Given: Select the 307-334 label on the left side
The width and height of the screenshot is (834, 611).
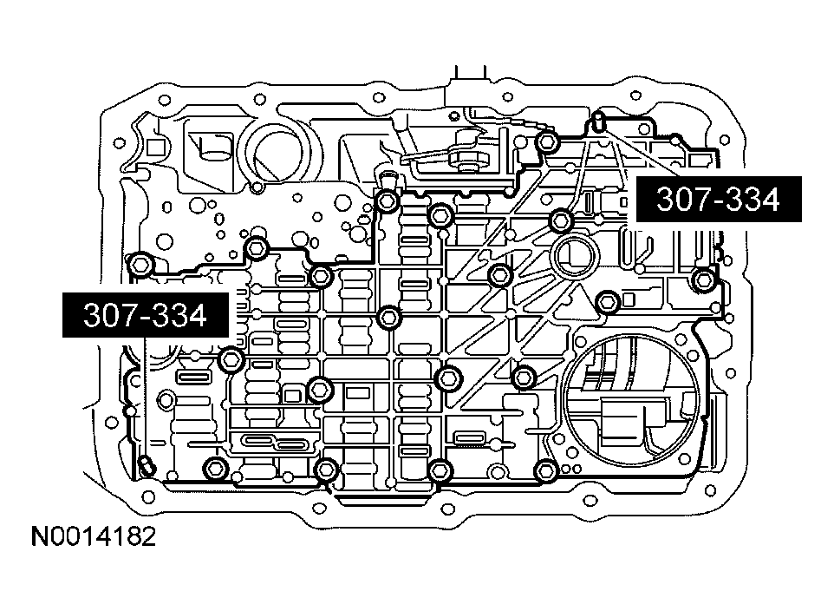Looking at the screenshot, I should (145, 316).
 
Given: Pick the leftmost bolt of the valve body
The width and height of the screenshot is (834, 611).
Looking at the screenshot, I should (140, 264).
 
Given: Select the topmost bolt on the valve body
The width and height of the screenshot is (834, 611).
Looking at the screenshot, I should (545, 141).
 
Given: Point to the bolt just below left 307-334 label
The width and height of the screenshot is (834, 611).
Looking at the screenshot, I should (230, 358).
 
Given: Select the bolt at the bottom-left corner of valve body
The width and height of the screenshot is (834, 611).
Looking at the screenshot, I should (213, 470).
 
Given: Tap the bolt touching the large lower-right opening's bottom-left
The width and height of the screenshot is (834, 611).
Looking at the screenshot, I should (544, 471).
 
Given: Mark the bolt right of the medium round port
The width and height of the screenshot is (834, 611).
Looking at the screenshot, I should (608, 301).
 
